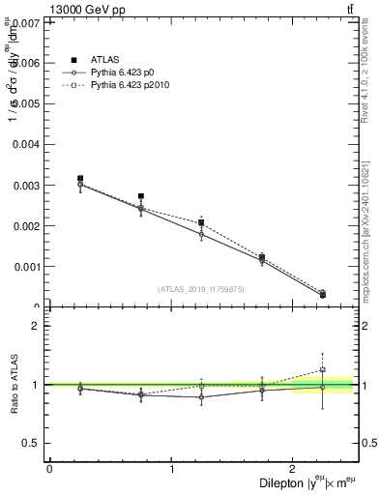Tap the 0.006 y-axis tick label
click(26, 62)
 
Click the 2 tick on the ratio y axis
click(37, 326)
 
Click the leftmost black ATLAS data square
click(80, 178)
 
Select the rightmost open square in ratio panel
click(323, 369)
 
